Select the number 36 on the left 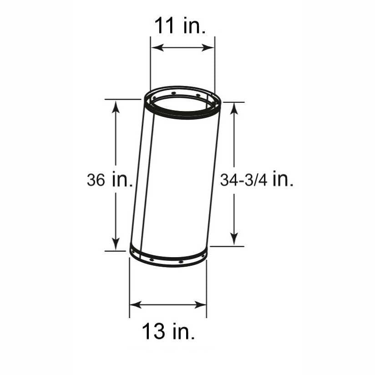pyautogui.click(x=96, y=180)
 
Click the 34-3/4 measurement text pyautogui.click(x=244, y=180)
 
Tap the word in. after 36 pyautogui.click(x=122, y=180)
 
